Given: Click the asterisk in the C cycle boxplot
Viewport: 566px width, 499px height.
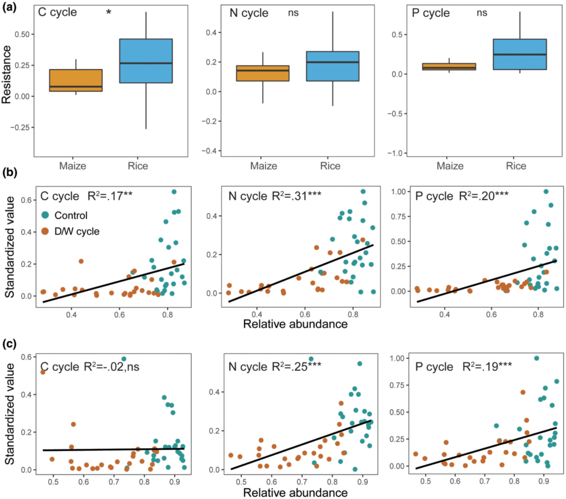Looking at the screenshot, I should click(x=109, y=12).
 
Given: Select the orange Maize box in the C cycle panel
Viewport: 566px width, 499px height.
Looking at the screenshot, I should click(x=76, y=80).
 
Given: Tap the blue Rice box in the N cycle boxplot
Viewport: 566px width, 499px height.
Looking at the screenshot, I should click(x=333, y=66).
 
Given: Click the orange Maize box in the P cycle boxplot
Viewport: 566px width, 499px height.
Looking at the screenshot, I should click(x=449, y=67).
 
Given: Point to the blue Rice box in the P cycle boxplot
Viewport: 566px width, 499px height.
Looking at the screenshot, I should click(x=520, y=54).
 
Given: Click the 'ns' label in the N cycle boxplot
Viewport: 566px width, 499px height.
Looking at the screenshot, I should click(x=294, y=13).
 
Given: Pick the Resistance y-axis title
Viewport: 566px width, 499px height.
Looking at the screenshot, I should click(x=6, y=75).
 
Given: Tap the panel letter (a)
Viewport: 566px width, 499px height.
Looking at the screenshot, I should click(x=9, y=7).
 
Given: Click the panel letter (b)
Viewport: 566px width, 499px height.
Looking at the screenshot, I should click(x=9, y=172).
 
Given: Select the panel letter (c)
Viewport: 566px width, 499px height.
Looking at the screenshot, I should click(x=9, y=343).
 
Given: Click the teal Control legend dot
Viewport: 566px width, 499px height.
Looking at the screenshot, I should click(x=45, y=215).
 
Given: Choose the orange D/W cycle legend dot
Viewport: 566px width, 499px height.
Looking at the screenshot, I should click(x=45, y=231).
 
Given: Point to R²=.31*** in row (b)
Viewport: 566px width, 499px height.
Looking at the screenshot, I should click(x=297, y=196).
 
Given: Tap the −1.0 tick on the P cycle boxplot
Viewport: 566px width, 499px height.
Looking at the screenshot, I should click(x=397, y=153).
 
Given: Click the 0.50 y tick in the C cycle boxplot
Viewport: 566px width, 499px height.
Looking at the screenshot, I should click(x=22, y=34).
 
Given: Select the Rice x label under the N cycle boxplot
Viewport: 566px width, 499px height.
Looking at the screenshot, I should click(x=330, y=166).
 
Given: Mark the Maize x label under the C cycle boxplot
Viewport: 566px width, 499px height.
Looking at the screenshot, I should click(x=73, y=166).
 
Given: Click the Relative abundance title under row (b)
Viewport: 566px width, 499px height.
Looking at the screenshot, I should click(x=295, y=324).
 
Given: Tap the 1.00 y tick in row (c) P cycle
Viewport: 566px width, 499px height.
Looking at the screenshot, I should click(x=397, y=358).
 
